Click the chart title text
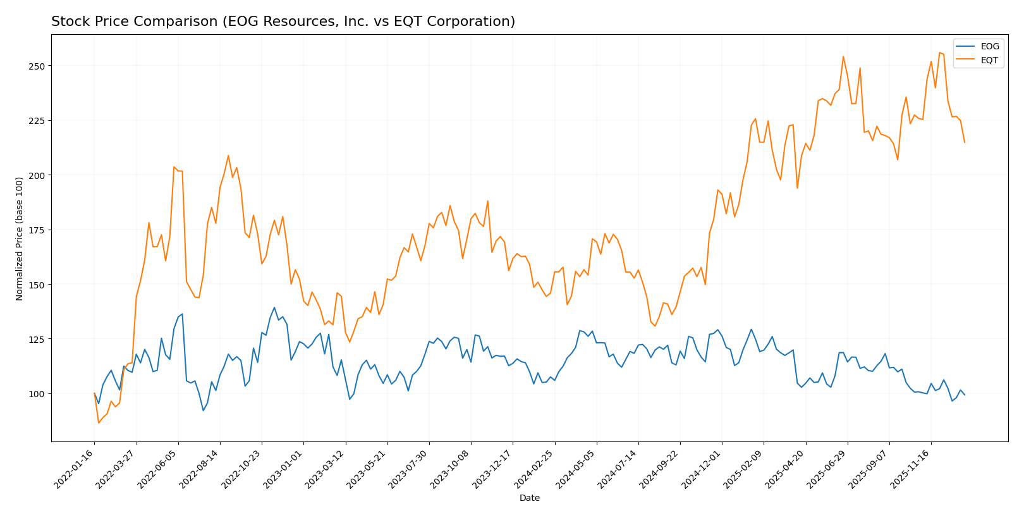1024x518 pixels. [283, 22]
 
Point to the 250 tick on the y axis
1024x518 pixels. [38, 66]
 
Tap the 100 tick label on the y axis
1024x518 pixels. [38, 394]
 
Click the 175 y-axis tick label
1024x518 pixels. [38, 230]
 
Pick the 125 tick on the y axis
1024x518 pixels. [38, 340]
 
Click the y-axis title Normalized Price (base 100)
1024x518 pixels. [20, 238]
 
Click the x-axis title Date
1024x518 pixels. [529, 498]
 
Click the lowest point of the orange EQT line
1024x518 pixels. [99, 422]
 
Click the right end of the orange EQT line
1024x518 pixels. [965, 142]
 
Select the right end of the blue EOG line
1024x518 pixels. [965, 395]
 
